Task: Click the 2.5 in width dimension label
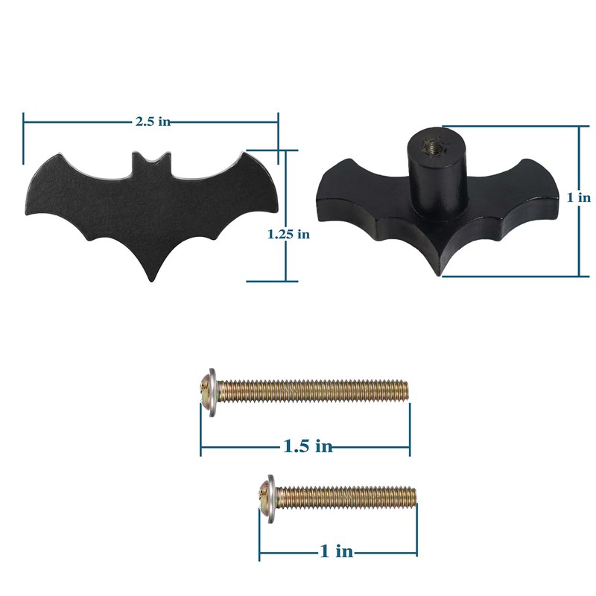(x=153, y=121)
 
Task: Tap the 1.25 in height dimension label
(x=288, y=234)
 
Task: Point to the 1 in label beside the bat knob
(x=579, y=197)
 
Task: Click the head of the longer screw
(x=208, y=391)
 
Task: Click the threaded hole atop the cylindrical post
(x=431, y=145)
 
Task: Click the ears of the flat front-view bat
(x=149, y=159)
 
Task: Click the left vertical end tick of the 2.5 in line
(x=24, y=138)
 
